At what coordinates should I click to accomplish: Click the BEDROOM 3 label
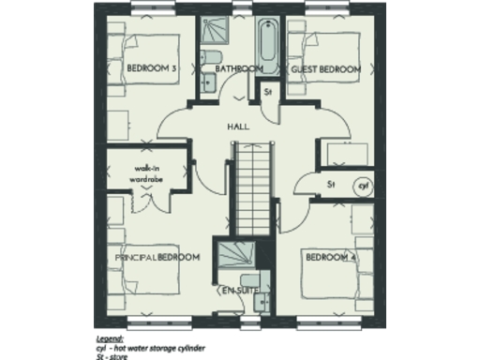click(x=151, y=69)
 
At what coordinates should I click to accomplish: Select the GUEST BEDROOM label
click(x=326, y=69)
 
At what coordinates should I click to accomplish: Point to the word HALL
click(x=237, y=125)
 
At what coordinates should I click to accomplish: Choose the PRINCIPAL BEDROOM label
click(x=157, y=256)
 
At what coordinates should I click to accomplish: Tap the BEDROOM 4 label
click(x=328, y=256)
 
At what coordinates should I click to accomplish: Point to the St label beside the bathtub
click(x=267, y=92)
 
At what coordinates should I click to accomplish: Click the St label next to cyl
click(x=332, y=185)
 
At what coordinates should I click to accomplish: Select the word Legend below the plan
click(x=111, y=335)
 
